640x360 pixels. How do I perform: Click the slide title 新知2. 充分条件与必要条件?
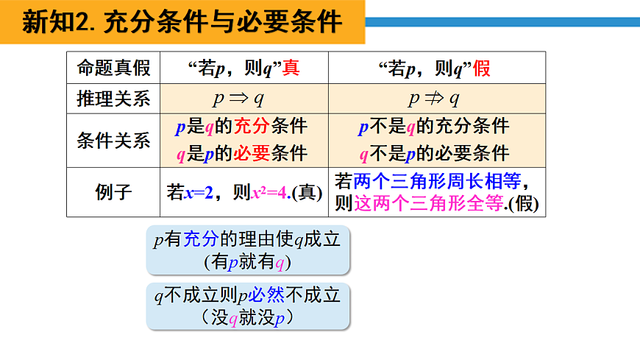pos(182,22)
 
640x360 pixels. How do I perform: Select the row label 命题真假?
pos(113,68)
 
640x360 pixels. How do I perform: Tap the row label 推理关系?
pos(113,99)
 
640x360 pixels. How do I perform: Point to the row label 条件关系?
pos(113,140)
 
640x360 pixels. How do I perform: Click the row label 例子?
pos(113,193)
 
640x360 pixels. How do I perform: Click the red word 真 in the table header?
pos(291,68)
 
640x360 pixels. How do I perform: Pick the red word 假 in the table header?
pos(482,68)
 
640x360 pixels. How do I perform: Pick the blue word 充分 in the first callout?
pos(201,240)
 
